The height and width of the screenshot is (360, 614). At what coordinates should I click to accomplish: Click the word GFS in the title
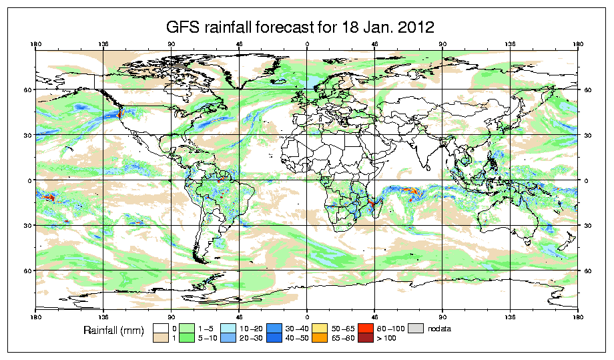coord(184,27)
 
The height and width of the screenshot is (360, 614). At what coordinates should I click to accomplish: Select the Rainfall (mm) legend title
coord(111,331)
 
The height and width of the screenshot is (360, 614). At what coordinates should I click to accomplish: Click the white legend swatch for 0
coord(160,328)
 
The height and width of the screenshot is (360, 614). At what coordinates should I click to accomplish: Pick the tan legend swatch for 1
coord(160,339)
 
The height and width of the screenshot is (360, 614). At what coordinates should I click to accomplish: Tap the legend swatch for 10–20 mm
coord(228,328)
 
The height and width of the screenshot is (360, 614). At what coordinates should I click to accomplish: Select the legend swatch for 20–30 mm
coord(228,339)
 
